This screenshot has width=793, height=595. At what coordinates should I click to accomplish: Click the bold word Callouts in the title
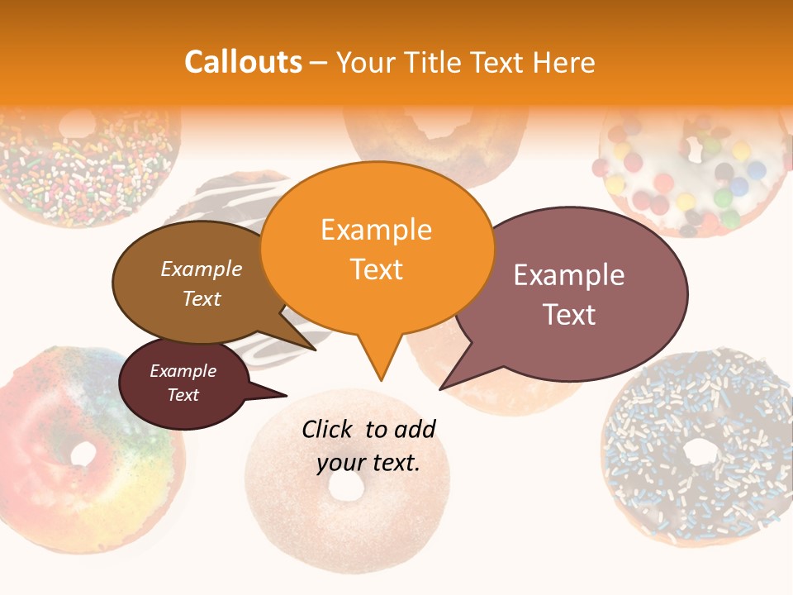coord(243,62)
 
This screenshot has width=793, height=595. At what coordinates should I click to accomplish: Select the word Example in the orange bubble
coord(376,230)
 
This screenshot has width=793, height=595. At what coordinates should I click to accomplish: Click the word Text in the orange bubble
coord(376,269)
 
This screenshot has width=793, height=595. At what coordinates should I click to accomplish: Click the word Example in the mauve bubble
coord(569,275)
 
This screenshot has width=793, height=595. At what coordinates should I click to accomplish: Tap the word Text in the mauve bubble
coord(569,315)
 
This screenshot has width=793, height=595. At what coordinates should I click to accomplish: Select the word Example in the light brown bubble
coord(201,269)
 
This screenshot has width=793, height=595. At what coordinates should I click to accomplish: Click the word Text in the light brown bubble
coord(201,298)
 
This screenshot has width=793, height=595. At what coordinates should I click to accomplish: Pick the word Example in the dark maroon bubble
coord(183,371)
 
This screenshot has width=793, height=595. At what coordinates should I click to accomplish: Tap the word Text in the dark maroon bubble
coord(183,395)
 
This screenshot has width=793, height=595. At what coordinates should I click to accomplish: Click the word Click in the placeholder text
coord(329,429)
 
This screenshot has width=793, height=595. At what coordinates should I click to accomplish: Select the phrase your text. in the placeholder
coord(368,463)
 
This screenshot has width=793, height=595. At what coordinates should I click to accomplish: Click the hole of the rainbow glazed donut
coord(83,454)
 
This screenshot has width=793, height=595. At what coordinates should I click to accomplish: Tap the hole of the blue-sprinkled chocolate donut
coord(701,451)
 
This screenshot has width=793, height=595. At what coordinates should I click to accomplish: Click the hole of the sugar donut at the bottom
coord(346,488)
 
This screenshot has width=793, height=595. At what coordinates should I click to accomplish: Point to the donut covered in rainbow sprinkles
coord(83,165)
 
